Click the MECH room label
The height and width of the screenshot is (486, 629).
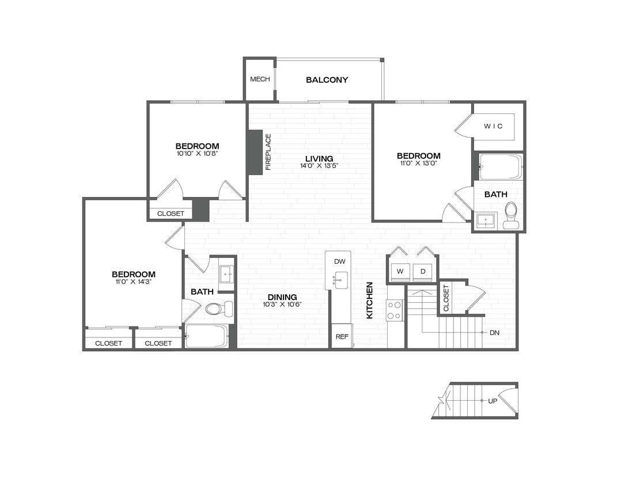coord(260,79)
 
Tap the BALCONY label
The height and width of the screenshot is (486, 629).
coord(327,80)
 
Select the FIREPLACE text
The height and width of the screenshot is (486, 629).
coord(268,152)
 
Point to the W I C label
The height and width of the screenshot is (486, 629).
coord(493,126)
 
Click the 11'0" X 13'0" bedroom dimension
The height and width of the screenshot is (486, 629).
coord(419,164)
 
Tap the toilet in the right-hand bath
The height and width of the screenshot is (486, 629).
coord(510,215)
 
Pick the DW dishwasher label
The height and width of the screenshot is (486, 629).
coord(339,261)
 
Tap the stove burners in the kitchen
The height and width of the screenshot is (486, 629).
coord(395,310)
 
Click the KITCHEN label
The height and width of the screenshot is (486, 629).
coord(370,300)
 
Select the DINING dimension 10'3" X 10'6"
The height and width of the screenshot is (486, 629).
coord(282,305)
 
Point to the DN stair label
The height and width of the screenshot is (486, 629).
coord(494,333)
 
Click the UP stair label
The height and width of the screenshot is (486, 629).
coord(492,401)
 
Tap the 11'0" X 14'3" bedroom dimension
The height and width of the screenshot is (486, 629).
coord(134,282)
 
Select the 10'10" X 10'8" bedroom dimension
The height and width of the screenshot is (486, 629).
coord(197,154)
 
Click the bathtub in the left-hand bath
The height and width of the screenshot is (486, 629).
coord(207,336)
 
